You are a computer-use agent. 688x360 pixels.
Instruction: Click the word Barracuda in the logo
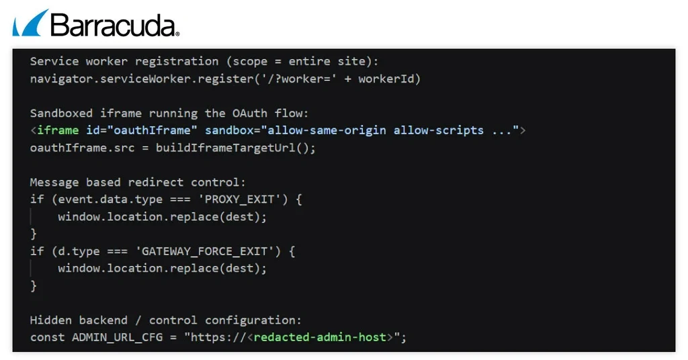pos(115,25)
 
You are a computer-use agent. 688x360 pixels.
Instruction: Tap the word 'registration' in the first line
pos(177,62)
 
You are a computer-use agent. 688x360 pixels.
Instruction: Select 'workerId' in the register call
pos(386,79)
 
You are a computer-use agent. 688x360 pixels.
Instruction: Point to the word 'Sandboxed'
pos(61,113)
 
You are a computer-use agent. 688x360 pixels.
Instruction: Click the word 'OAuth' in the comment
pos(250,113)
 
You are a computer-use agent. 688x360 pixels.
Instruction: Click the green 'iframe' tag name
pos(58,130)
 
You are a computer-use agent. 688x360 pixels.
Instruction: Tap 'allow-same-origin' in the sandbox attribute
pos(327,130)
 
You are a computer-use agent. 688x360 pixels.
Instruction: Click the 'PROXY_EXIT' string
pos(240,199)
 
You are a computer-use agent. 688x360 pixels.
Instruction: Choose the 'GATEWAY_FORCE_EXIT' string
pos(205,251)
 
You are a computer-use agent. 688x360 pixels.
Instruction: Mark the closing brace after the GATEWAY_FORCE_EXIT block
pos(34,286)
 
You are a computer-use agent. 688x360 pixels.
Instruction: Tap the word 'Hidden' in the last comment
pos(51,320)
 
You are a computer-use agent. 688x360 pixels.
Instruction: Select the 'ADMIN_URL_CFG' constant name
pos(117,337)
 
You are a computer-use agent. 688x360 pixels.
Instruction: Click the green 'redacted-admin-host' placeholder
pos(320,337)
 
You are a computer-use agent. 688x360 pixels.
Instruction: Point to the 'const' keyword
pos(48,337)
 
